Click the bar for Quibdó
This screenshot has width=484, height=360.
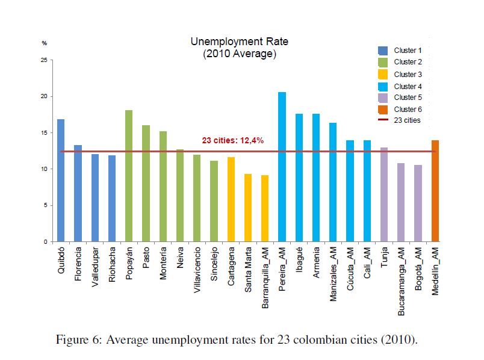coord(61,181)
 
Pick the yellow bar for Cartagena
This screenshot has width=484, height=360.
coord(231,199)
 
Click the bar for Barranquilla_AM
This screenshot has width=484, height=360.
coord(265,208)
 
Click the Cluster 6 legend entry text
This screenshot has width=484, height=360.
coord(408,109)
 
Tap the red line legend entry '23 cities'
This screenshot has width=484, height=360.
coord(407,120)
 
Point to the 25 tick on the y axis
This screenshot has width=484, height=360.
coord(43,60)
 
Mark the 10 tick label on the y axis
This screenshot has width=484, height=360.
coord(43,169)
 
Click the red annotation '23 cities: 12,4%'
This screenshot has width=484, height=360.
coord(232,140)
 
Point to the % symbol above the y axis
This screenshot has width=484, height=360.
coord(44,43)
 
